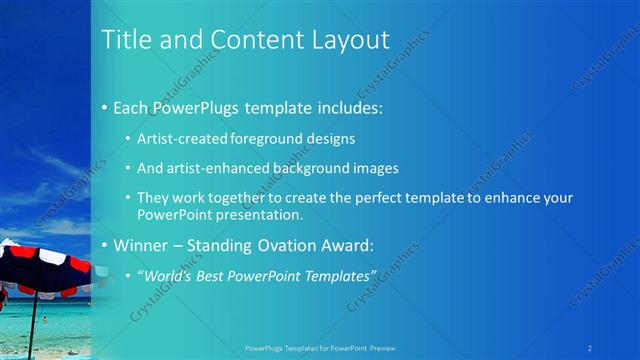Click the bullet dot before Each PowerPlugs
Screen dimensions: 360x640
point(105,107)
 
